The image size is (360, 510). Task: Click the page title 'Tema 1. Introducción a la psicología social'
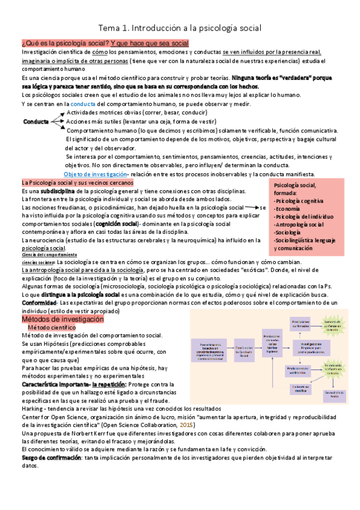pyautogui.click(x=180, y=28)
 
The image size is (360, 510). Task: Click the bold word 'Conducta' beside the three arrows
pyautogui.click(x=36, y=121)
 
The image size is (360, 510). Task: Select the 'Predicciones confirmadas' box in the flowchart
pyautogui.click(x=301, y=324)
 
